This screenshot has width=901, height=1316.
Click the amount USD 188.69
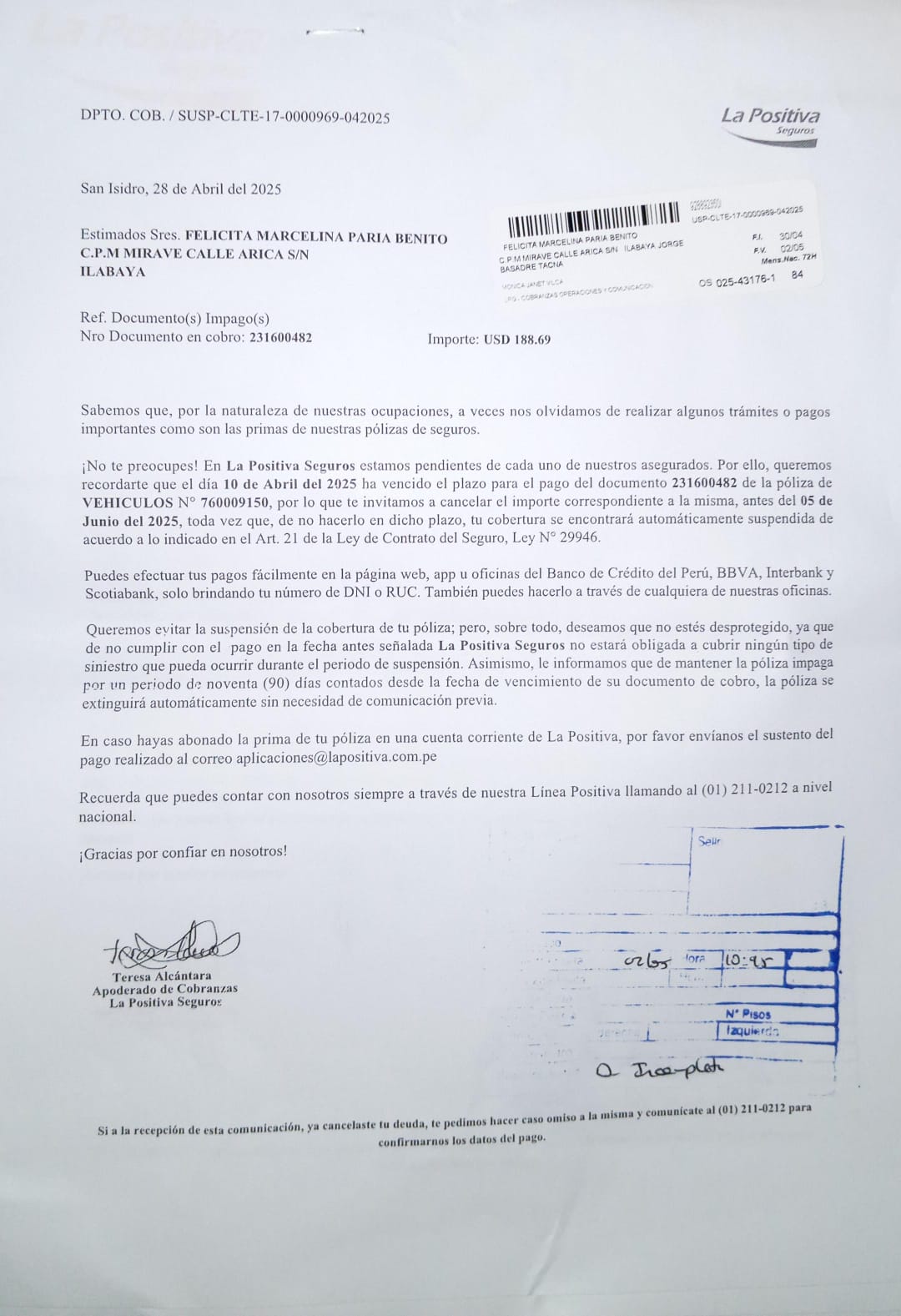click(516, 340)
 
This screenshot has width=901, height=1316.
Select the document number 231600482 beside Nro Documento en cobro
click(280, 337)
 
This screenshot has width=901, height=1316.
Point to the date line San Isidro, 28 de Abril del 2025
click(181, 189)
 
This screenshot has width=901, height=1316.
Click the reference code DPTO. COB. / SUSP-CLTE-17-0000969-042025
click(235, 117)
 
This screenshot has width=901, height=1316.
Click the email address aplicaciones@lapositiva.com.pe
click(336, 758)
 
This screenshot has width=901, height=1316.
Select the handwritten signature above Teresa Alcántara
click(172, 944)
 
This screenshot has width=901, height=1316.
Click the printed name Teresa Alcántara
click(162, 976)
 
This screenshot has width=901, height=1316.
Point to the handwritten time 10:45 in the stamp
click(746, 961)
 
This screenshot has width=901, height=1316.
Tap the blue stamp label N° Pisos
click(747, 1015)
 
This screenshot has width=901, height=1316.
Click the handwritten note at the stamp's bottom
click(660, 1069)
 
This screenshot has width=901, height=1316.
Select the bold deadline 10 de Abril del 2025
click(284, 483)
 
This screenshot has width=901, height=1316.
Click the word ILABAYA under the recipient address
click(113, 272)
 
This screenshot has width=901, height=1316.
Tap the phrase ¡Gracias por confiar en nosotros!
click(183, 852)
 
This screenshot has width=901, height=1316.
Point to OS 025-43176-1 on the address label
click(737, 280)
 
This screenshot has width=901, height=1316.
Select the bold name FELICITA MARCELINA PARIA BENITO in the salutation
click(316, 238)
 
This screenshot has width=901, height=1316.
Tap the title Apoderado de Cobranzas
click(165, 989)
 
